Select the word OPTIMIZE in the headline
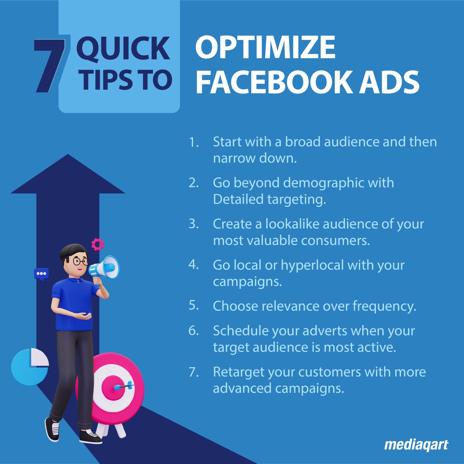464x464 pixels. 265,47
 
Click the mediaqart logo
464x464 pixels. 416,445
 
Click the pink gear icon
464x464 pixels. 97,244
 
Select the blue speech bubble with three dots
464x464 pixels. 41,274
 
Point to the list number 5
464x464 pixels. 194,305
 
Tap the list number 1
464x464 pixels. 194,142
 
